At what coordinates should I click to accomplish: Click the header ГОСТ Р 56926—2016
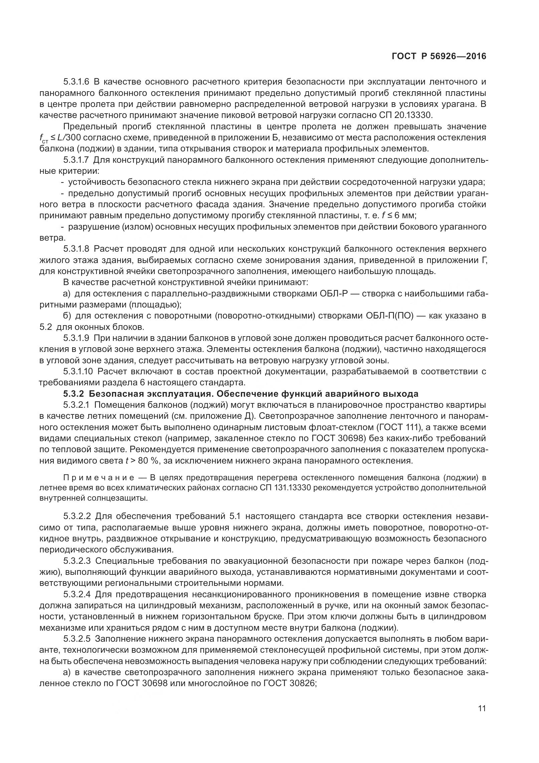[439, 56]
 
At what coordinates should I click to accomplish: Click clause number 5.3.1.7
[76, 160]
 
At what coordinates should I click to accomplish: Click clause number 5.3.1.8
[76, 249]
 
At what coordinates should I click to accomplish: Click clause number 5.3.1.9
[76, 338]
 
